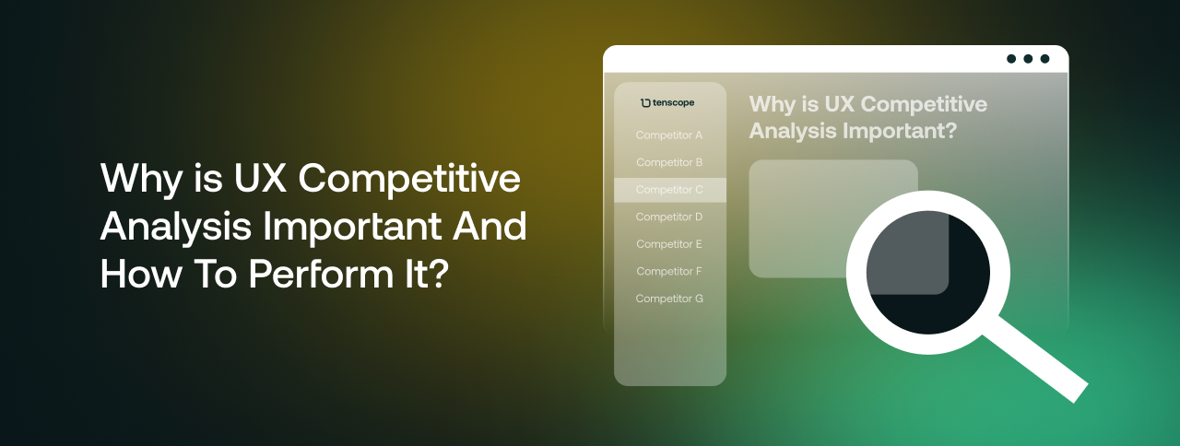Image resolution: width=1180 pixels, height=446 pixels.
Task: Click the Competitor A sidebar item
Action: pos(669,135)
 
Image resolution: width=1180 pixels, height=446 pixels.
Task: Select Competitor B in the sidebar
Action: pos(669,163)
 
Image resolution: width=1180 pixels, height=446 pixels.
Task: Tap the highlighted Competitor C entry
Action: pos(669,190)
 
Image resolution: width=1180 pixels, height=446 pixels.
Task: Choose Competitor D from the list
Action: pos(669,217)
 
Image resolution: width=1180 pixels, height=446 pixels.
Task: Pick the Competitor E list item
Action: pos(669,244)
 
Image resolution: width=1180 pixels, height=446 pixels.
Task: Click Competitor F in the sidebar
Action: pos(669,272)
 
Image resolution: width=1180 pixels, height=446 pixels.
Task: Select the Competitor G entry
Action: pos(669,299)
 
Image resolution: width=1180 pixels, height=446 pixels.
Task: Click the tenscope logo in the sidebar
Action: pos(667,102)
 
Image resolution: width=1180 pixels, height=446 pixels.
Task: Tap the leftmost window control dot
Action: pos(1011,59)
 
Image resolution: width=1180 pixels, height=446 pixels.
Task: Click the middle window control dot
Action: pos(1028,59)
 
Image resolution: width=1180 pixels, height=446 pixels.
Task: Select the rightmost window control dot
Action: pos(1044,59)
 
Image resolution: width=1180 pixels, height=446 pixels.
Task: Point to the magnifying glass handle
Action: pos(1035,368)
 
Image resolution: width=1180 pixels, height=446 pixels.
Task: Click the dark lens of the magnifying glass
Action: pos(928,272)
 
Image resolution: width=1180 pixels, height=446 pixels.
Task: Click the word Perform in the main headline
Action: pos(321,275)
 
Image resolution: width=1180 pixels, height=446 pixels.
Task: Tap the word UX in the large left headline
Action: pos(260,179)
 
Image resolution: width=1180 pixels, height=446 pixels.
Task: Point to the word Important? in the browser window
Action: pos(900,132)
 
